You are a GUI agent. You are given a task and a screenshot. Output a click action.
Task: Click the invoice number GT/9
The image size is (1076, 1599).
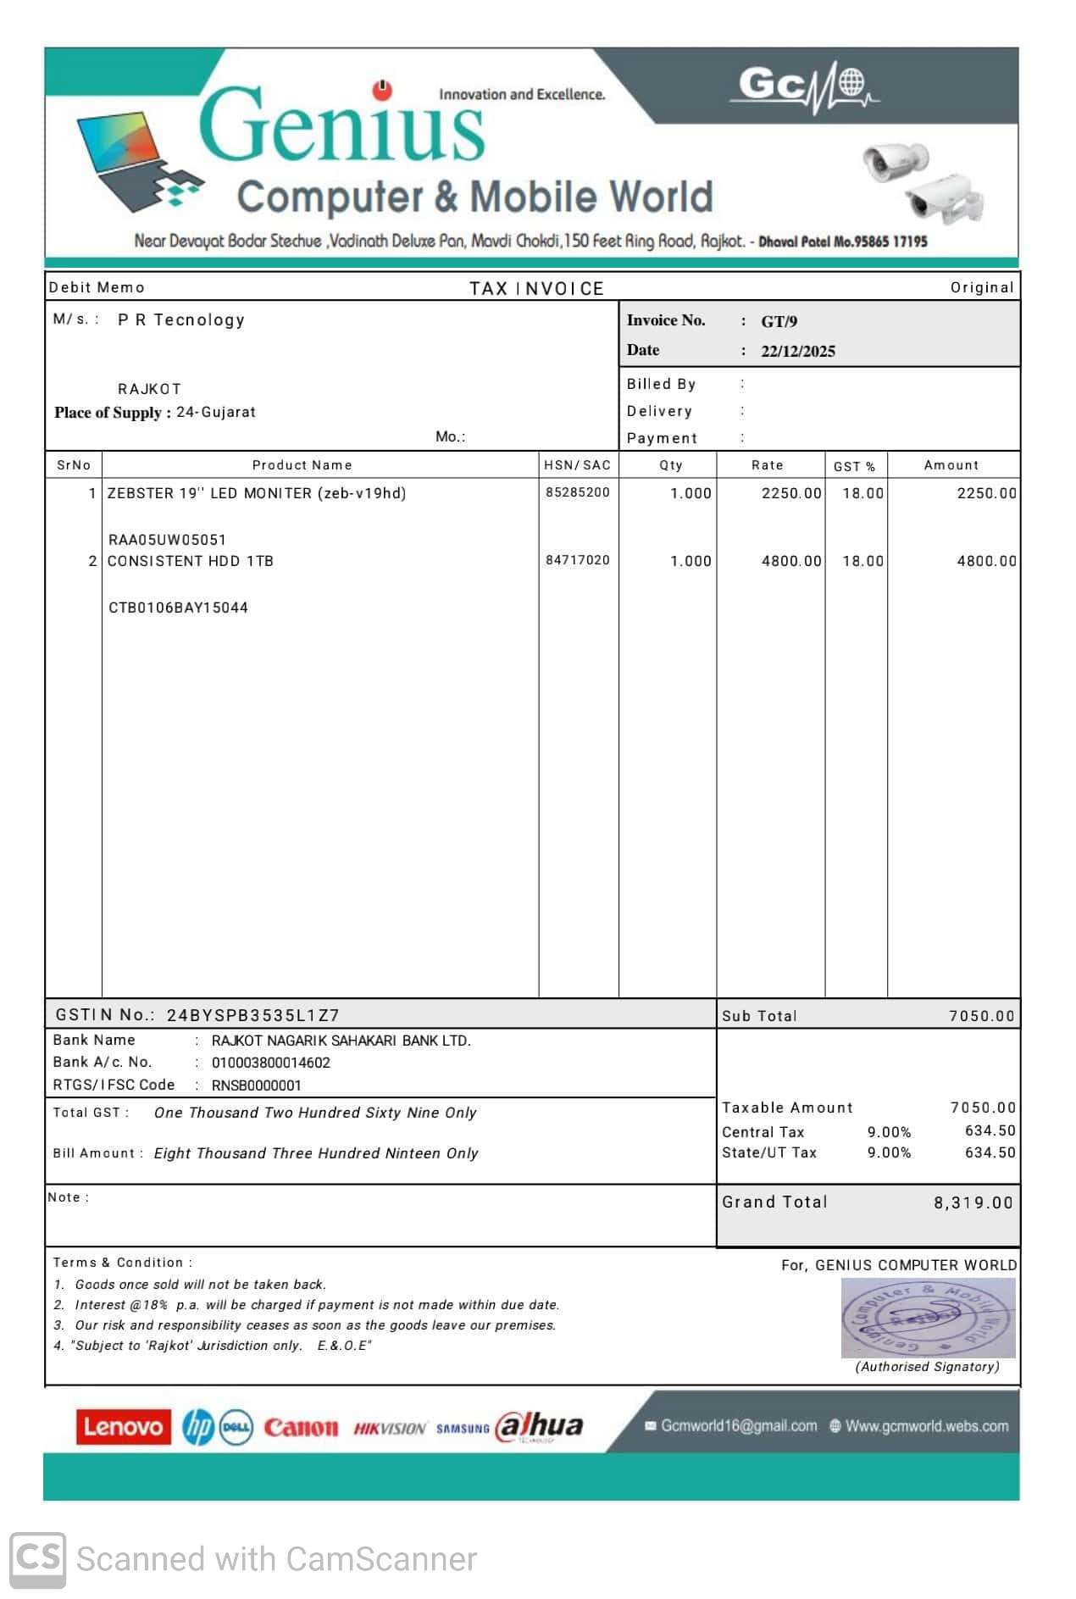click(779, 321)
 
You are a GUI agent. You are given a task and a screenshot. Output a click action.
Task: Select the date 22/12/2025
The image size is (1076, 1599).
click(797, 352)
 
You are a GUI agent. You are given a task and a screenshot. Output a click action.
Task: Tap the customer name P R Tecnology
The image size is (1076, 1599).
click(181, 320)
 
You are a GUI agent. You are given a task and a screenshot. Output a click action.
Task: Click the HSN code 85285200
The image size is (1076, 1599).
click(577, 492)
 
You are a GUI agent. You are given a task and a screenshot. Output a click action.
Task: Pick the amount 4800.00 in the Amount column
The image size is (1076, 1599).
click(986, 561)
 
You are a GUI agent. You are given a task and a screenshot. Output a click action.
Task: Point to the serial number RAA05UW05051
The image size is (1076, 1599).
click(167, 540)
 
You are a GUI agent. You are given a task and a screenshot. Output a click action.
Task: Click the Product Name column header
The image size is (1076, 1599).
click(302, 465)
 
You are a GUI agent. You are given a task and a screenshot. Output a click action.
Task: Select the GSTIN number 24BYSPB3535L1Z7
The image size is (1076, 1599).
click(252, 1015)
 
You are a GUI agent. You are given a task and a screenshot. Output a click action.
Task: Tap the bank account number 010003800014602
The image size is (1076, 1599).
click(271, 1063)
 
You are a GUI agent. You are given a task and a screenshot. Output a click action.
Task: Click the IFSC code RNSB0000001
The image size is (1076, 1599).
click(256, 1085)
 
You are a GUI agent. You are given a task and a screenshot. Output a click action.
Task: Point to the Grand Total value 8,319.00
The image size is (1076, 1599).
click(973, 1203)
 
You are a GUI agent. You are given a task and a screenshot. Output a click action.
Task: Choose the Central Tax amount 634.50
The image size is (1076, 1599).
click(990, 1130)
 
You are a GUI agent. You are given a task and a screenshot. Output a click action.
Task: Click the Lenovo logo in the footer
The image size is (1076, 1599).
click(123, 1427)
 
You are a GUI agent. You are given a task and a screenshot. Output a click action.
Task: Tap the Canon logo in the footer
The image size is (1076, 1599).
click(301, 1428)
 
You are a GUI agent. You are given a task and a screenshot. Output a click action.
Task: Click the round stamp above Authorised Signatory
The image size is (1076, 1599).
click(927, 1318)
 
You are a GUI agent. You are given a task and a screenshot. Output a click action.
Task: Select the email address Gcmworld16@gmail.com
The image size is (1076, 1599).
click(738, 1426)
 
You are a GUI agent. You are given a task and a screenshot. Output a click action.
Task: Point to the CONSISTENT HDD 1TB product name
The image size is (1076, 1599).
click(190, 561)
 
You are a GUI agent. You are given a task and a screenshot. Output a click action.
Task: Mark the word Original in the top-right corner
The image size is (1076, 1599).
click(981, 287)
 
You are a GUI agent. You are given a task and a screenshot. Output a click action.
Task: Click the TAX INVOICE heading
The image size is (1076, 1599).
click(536, 289)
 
